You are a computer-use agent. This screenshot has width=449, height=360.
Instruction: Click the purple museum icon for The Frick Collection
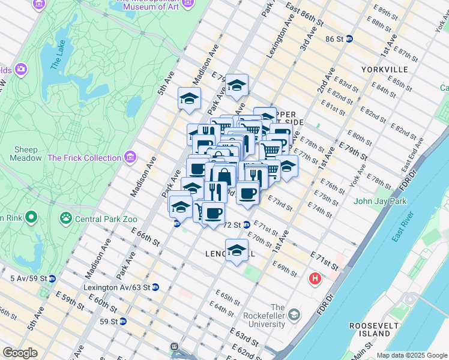tap(130, 158)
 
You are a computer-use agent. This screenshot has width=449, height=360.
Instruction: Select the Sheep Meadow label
tap(26, 154)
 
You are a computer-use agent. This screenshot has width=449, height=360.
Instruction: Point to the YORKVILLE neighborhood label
tap(385, 70)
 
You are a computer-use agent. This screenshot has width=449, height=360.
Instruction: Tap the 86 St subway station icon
tap(349, 39)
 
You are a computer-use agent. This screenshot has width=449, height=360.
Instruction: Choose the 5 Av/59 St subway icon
tap(52, 278)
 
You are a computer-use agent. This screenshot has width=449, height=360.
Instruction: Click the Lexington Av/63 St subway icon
tap(155, 287)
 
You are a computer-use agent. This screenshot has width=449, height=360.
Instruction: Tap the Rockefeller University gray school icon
tap(294, 314)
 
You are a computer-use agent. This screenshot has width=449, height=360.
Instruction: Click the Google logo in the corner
tap(20, 353)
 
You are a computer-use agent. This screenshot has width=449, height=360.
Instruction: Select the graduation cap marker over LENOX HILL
tap(237, 250)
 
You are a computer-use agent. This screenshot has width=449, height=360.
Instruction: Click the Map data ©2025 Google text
tap(412, 355)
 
